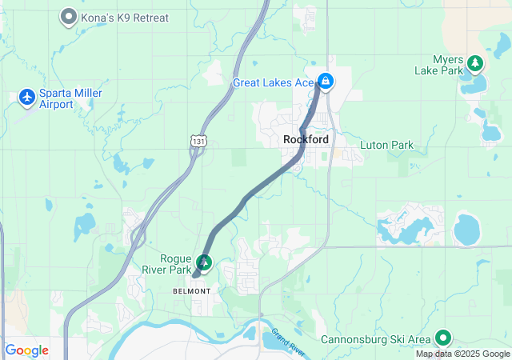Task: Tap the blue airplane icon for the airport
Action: [27, 97]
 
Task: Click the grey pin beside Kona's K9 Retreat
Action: [69, 16]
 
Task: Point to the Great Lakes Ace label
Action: [273, 82]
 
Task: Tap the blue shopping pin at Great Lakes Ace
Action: [326, 81]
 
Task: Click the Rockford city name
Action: [305, 140]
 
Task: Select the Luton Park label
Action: [386, 146]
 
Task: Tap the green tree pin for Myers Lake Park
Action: [474, 62]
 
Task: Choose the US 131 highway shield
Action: [198, 141]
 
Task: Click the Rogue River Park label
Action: [164, 263]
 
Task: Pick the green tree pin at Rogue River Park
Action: [204, 262]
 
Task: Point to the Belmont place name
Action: [192, 291]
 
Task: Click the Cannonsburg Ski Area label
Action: [376, 339]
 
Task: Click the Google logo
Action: [26, 350]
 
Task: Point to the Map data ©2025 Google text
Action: [462, 354]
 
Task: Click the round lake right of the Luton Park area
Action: [466, 230]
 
